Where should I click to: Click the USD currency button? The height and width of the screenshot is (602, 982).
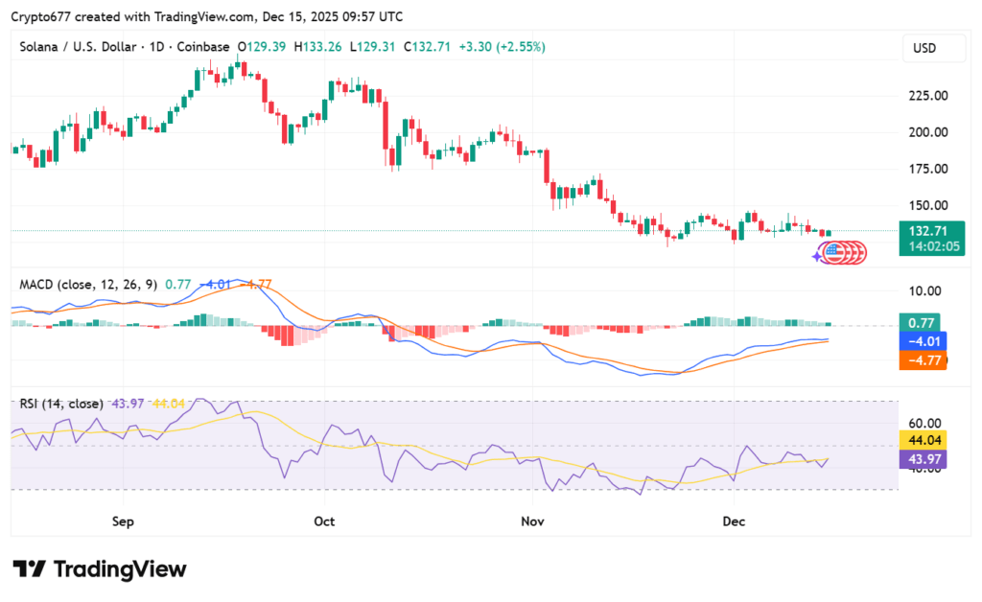[925, 48]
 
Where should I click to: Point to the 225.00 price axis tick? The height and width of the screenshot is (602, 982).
[927, 96]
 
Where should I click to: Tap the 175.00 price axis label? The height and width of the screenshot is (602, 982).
[927, 169]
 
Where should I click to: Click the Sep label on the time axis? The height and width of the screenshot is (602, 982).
[122, 521]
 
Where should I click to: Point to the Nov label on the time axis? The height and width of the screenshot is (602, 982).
[532, 521]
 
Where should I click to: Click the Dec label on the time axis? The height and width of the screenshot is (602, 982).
[734, 521]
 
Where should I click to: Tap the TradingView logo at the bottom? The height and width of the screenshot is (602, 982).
[100, 569]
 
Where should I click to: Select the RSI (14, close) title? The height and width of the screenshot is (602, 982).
[61, 404]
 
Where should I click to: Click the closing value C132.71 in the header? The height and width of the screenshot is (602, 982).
[428, 46]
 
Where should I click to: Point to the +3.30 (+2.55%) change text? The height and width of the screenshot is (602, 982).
[503, 46]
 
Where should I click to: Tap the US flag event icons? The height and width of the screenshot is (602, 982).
[841, 253]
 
